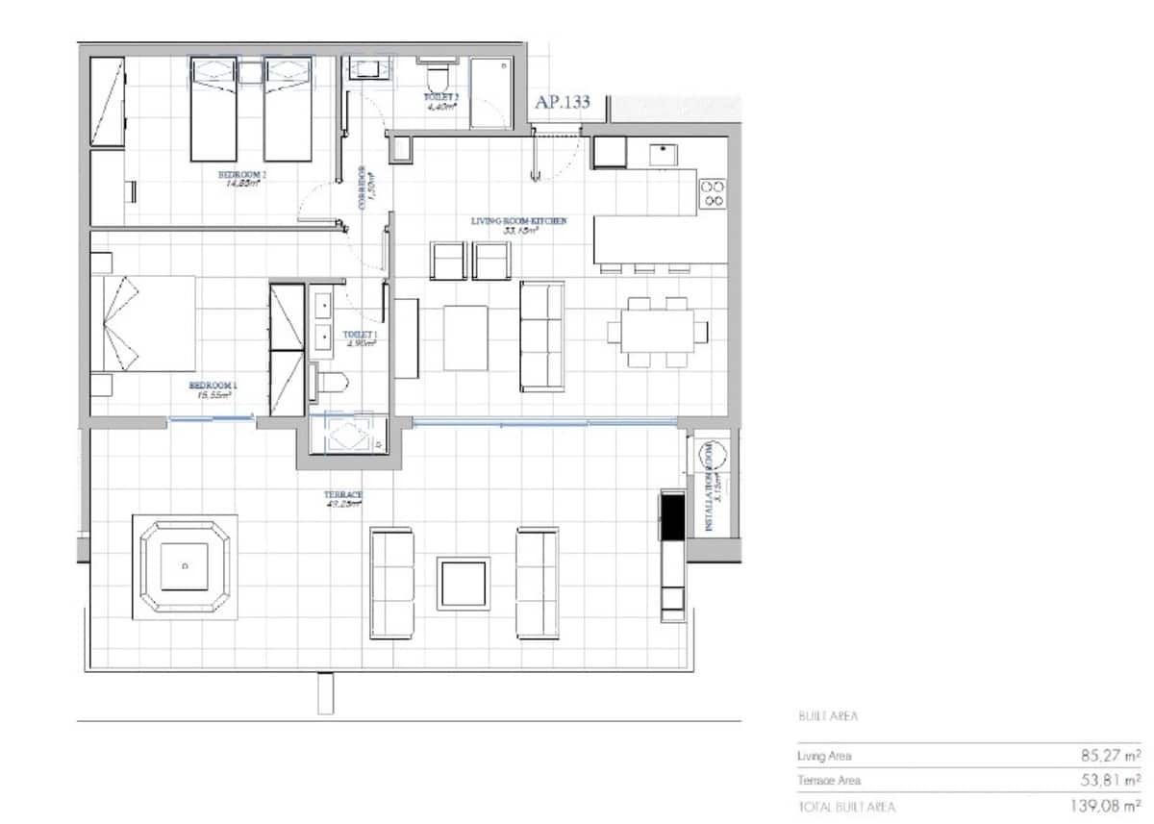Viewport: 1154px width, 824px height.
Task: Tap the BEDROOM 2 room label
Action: (241, 175)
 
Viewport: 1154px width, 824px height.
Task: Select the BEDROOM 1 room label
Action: (213, 386)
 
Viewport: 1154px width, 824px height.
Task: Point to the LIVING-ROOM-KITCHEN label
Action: (518, 221)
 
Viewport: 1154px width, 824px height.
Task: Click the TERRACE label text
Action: (343, 495)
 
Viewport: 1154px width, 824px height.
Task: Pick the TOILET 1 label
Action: (361, 336)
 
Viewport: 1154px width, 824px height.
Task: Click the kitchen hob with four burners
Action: (713, 193)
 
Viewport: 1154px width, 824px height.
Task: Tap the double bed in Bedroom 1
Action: (144, 323)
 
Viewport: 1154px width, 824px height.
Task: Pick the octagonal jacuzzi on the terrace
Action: (185, 568)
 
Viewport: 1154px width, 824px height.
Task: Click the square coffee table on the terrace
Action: (463, 583)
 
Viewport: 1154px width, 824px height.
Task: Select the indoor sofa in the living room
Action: (541, 336)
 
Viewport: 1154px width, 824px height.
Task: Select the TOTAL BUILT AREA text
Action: (846, 807)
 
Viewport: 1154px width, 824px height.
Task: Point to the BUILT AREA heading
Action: (827, 716)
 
